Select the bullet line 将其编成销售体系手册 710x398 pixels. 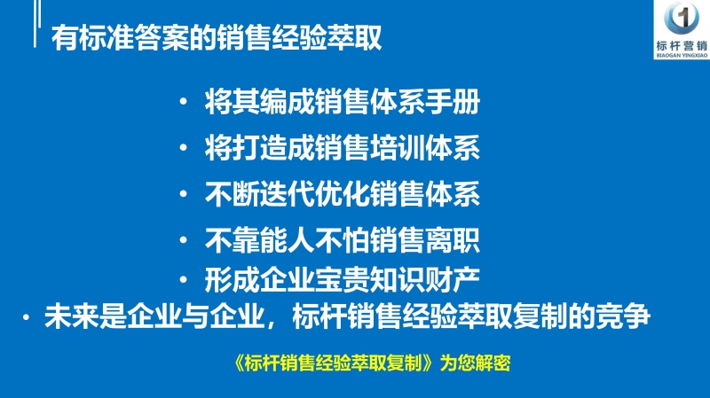click(x=342, y=103)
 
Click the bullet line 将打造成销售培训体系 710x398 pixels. click(x=342, y=146)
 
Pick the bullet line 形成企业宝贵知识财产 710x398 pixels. click(x=342, y=280)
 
